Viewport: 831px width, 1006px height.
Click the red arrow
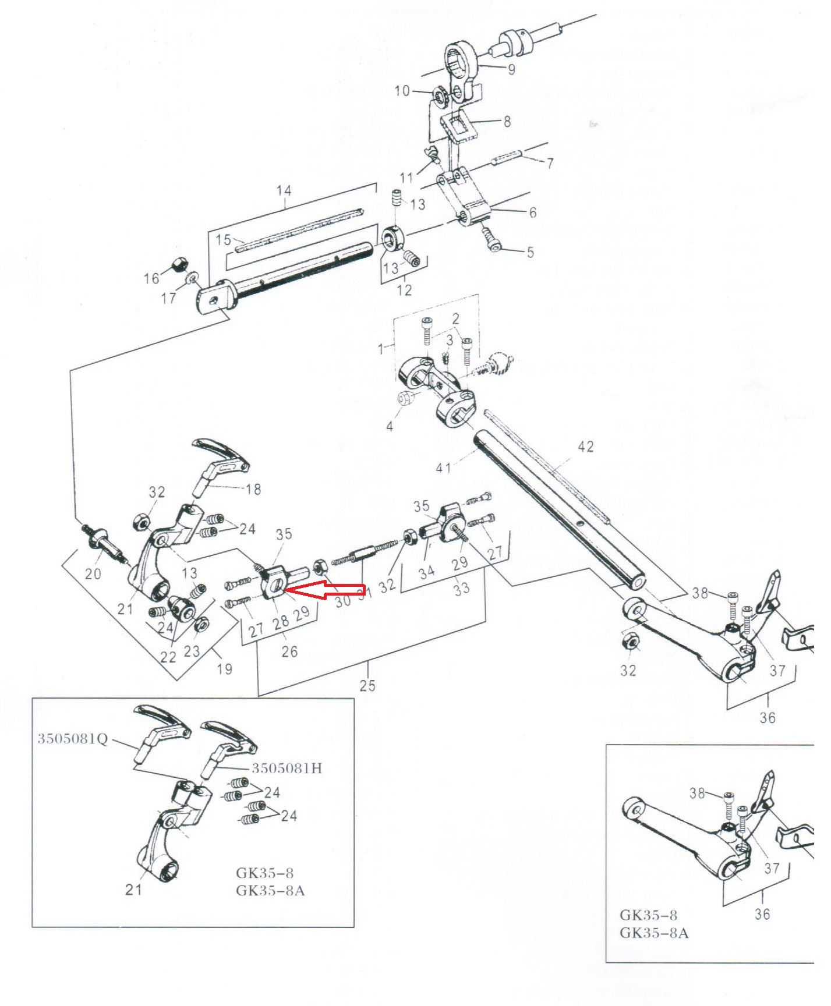326,589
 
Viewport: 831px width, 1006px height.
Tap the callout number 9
511,69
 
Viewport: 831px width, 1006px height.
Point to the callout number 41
444,467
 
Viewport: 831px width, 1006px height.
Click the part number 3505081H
287,768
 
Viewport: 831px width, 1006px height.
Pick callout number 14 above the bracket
284,190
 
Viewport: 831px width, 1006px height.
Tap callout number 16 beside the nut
151,278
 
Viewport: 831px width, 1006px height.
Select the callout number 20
93,573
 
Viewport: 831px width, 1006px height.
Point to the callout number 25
367,685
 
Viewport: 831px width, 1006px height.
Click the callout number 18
253,489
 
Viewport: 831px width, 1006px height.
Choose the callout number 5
530,252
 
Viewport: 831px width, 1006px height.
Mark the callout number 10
402,91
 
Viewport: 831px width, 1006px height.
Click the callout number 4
390,426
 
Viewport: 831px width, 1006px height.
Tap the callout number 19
225,668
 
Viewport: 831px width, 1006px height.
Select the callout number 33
461,589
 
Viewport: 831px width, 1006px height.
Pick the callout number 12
404,289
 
